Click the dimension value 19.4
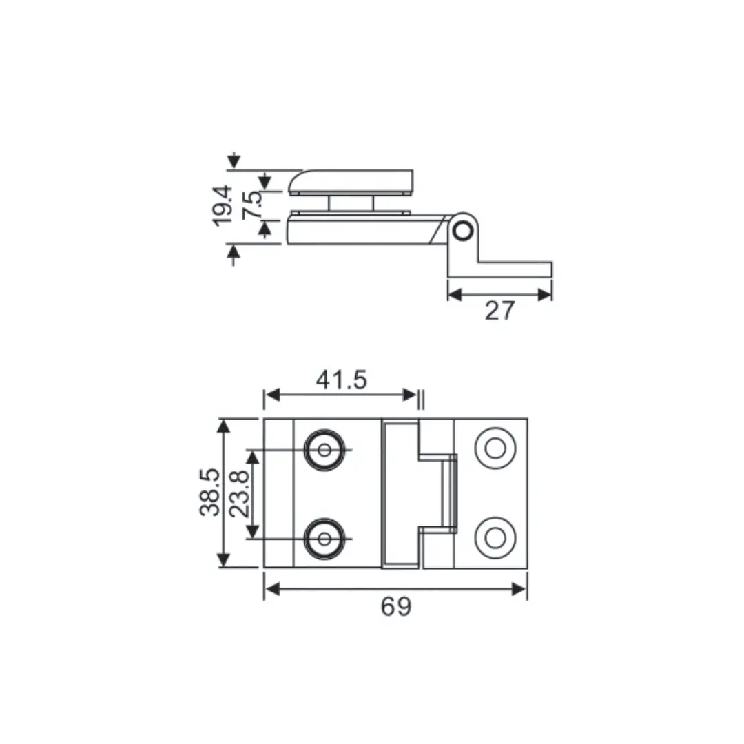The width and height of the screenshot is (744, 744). (x=222, y=205)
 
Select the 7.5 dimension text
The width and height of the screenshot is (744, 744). (x=253, y=205)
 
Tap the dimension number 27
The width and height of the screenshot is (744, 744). (x=499, y=311)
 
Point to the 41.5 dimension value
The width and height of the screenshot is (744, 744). (x=342, y=380)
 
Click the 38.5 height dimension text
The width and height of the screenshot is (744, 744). (x=210, y=492)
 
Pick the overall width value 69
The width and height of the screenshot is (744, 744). (x=395, y=607)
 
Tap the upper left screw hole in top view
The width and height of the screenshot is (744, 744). (x=324, y=450)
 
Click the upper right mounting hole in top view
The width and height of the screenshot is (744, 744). (x=494, y=448)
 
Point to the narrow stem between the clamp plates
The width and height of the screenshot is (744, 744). (x=351, y=203)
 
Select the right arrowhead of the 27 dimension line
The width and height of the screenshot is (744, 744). (x=545, y=295)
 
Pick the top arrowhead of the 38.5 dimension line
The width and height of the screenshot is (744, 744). (x=223, y=425)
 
